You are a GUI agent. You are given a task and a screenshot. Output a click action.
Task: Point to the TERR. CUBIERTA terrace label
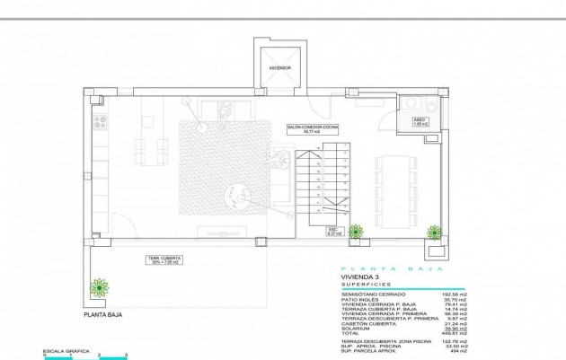point(162,260)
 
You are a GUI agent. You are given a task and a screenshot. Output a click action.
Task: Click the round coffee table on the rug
point(240,191)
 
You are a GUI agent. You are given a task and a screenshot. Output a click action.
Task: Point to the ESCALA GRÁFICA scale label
point(61,350)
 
